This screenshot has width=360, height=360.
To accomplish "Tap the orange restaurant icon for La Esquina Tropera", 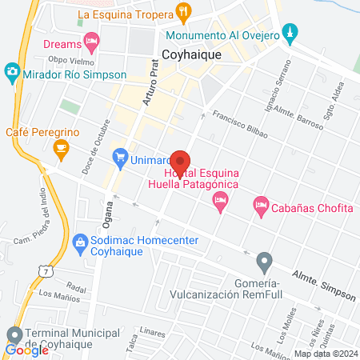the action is click(x=184, y=14).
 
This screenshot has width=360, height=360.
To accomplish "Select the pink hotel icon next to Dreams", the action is click(x=92, y=40).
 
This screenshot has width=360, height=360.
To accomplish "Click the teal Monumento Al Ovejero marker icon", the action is click(x=291, y=34).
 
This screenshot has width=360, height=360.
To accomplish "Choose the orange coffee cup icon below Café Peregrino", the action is click(x=60, y=147).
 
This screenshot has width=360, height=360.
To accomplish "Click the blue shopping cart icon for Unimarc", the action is click(x=121, y=157).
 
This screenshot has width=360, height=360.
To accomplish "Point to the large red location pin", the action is click(x=180, y=164).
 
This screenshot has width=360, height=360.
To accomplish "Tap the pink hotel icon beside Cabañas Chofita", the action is click(x=261, y=206).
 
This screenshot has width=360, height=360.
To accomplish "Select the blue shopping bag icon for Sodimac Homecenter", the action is click(x=80, y=242).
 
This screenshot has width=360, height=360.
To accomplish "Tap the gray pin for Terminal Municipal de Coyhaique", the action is click(x=14, y=334).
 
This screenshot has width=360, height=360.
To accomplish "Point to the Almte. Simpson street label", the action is click(x=325, y=285).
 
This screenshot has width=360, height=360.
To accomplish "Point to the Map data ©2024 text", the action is click(x=325, y=354).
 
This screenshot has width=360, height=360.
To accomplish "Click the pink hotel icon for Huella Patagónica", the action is click(x=220, y=206).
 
